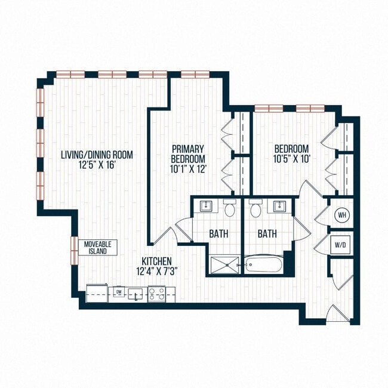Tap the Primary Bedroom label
pyautogui.click(x=188, y=153)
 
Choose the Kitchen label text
pyautogui.click(x=157, y=261)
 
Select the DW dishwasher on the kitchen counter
pyautogui.click(x=119, y=292)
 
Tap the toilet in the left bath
pyautogui.click(x=230, y=209)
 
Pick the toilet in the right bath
pyautogui.click(x=256, y=209)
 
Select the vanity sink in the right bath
pyautogui.click(x=278, y=206)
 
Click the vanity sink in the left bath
pyautogui.click(x=207, y=206)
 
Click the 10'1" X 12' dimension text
pyautogui.click(x=188, y=169)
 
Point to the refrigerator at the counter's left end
pyautogui.click(x=97, y=293)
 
